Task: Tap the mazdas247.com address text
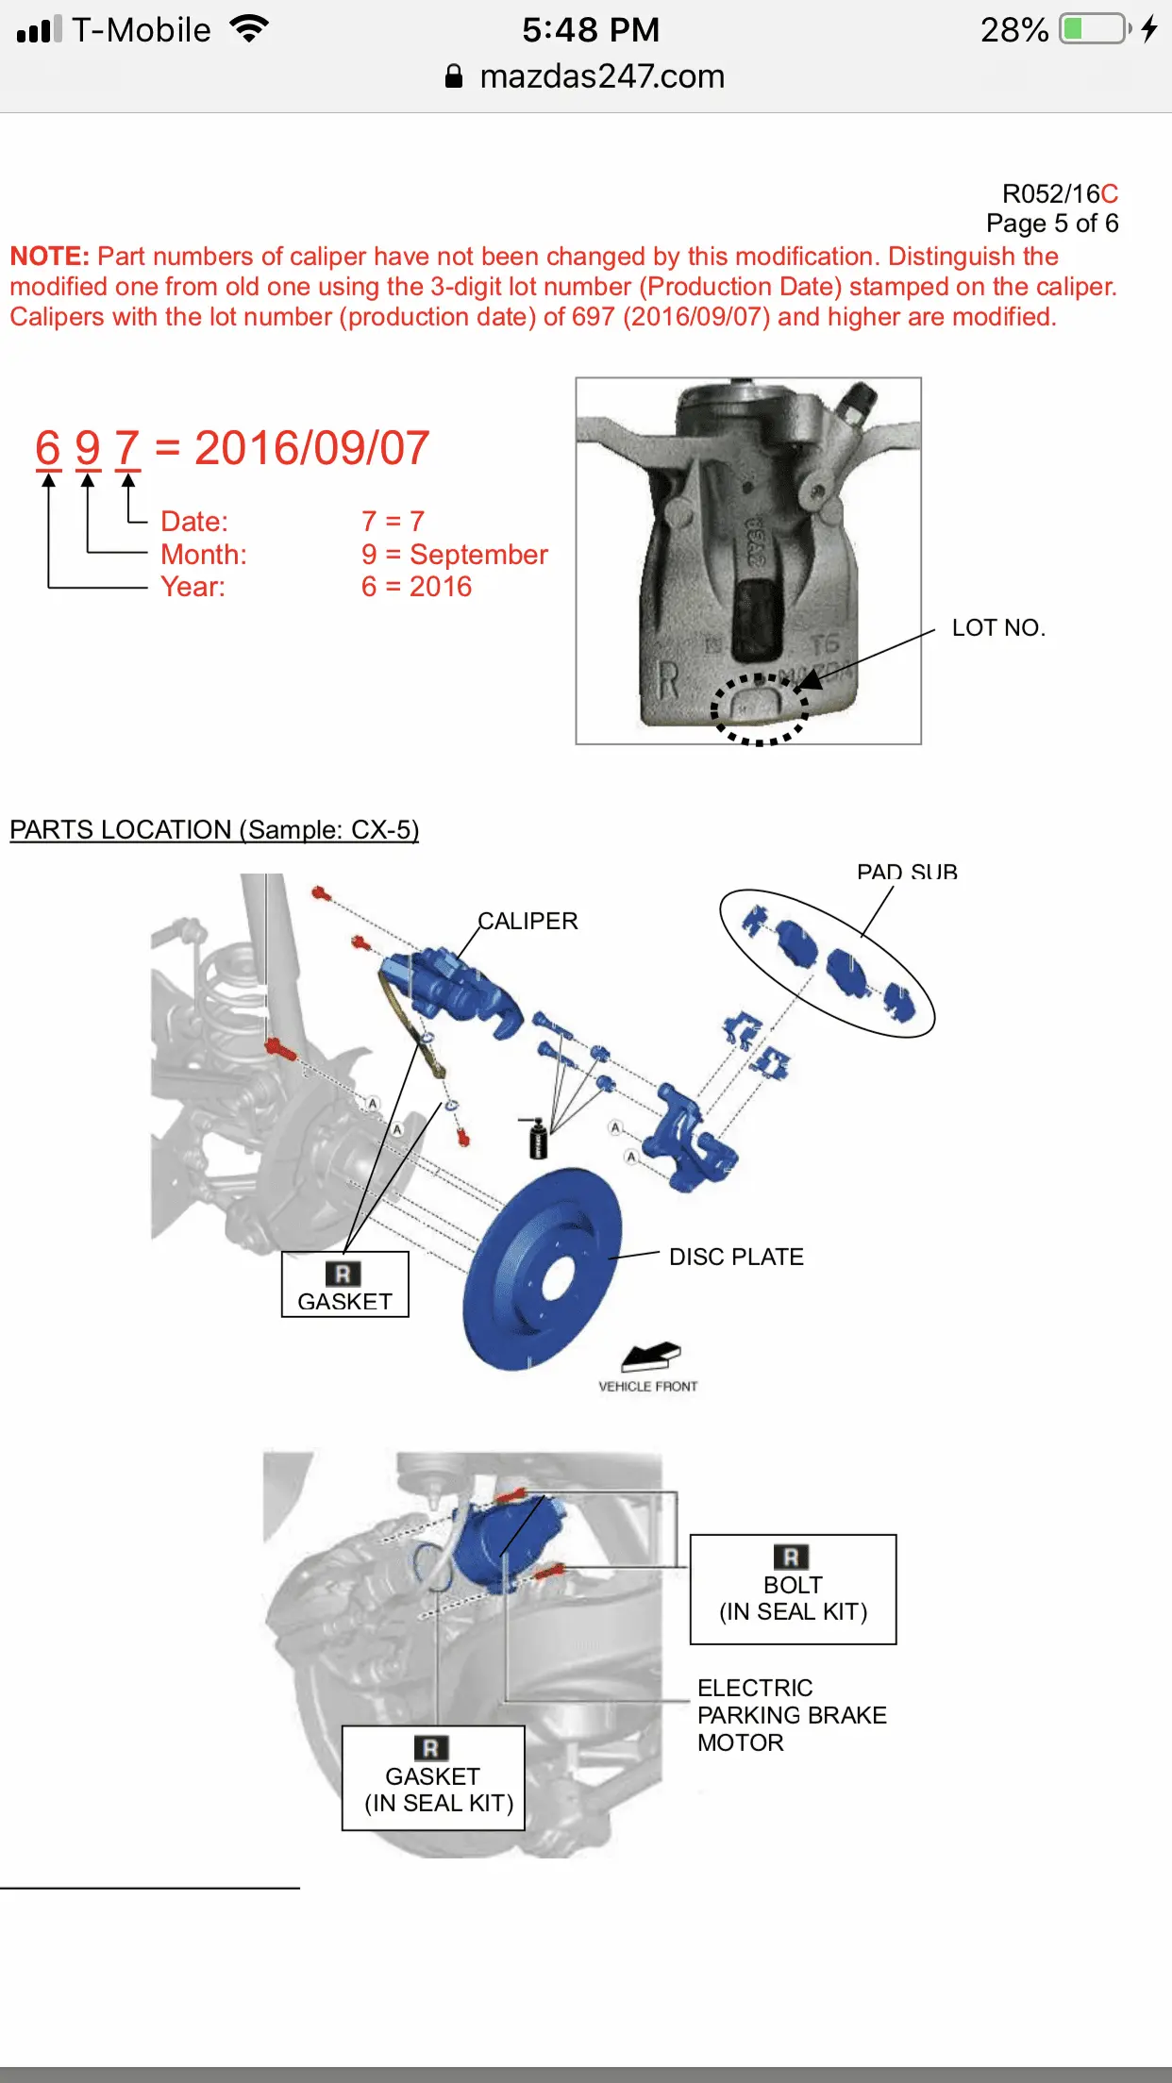pos(602,76)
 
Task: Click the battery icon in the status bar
pos(1095,29)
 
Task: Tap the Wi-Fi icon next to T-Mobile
pos(249,29)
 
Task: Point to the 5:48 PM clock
pos(591,30)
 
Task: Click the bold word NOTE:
pos(49,257)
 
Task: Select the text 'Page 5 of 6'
pos(1052,224)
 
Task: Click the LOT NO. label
pos(998,628)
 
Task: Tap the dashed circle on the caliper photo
pos(759,709)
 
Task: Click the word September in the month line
pos(478,555)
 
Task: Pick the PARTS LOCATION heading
pos(214,830)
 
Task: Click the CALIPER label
pos(527,921)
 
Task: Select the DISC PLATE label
pos(736,1257)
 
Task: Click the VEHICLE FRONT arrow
pos(650,1357)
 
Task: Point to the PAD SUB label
pos(907,872)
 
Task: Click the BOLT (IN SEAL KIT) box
pos(793,1590)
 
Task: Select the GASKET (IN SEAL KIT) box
pos(433,1778)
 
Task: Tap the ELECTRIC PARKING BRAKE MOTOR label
pos(792,1715)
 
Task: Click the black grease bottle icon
pos(537,1137)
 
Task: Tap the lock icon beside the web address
pos(454,76)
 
